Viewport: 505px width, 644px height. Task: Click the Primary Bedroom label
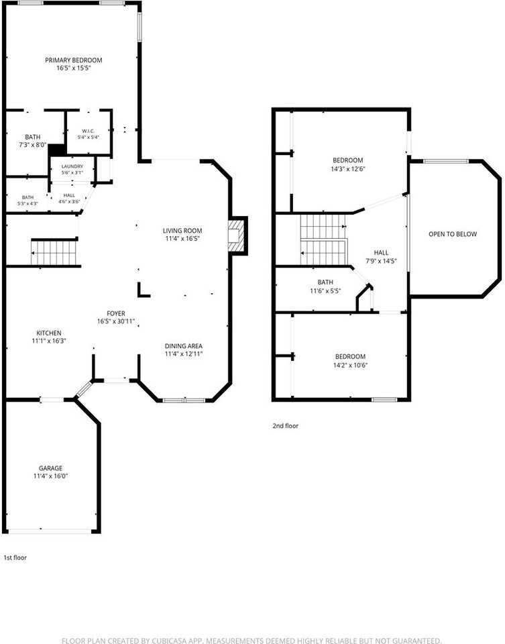coord(74,60)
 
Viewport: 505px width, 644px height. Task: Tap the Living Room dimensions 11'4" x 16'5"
coord(182,239)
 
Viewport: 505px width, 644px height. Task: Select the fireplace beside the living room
coord(237,235)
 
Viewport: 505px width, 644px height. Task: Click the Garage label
coord(50,468)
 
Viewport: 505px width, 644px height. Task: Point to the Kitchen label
coord(49,333)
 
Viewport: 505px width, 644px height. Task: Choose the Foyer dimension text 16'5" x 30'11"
coord(116,321)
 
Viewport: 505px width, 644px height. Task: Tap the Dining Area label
coord(184,346)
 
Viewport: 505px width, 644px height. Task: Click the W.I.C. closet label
coord(89,131)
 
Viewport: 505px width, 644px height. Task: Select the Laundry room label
coord(72,166)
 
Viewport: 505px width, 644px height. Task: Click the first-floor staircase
coord(54,253)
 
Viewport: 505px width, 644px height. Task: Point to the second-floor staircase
coord(323,240)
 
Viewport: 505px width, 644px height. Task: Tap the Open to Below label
coord(453,234)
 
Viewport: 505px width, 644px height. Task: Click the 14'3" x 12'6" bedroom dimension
coord(347,169)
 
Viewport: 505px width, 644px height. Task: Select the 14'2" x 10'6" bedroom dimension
coord(350,365)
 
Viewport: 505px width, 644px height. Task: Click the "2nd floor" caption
coord(285,426)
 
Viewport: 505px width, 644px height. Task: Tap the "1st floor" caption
coord(15,557)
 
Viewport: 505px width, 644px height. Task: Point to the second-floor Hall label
coord(381,253)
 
